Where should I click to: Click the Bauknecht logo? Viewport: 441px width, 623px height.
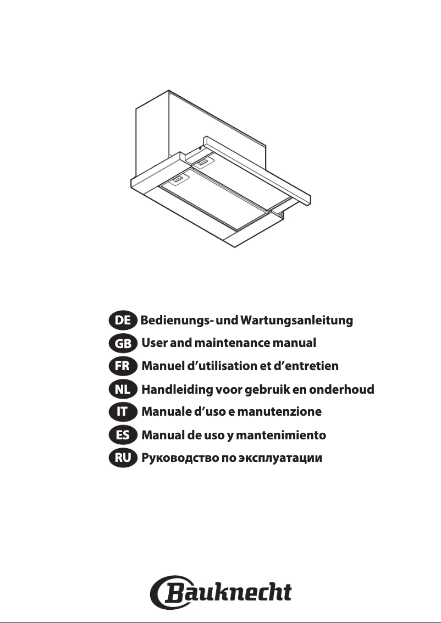[x=220, y=592]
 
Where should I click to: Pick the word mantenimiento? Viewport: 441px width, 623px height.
[x=281, y=435]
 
